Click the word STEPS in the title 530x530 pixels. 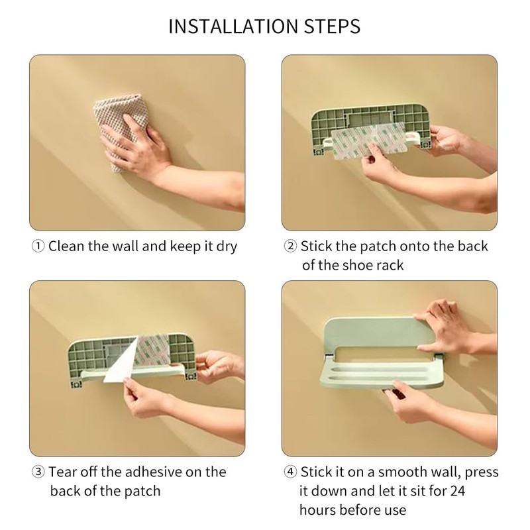coord(333,26)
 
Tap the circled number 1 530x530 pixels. coord(38,246)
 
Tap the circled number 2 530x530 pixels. coord(290,246)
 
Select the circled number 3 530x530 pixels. coord(38,472)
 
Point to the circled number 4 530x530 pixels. coord(290,472)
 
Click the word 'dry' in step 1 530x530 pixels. coord(227,246)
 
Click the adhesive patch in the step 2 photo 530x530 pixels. coord(369,140)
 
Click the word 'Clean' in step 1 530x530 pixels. coord(66,246)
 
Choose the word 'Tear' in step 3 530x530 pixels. coord(62,472)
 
